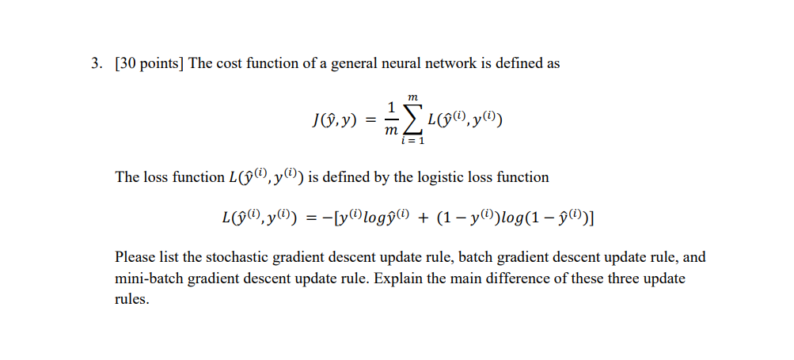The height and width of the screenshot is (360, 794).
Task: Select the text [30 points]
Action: [148, 64]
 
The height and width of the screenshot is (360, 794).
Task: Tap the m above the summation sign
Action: [412, 97]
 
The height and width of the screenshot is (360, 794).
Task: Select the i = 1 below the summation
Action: [412, 142]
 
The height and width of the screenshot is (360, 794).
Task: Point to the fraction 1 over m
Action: [389, 121]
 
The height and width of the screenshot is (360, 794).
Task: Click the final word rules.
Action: [131, 301]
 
